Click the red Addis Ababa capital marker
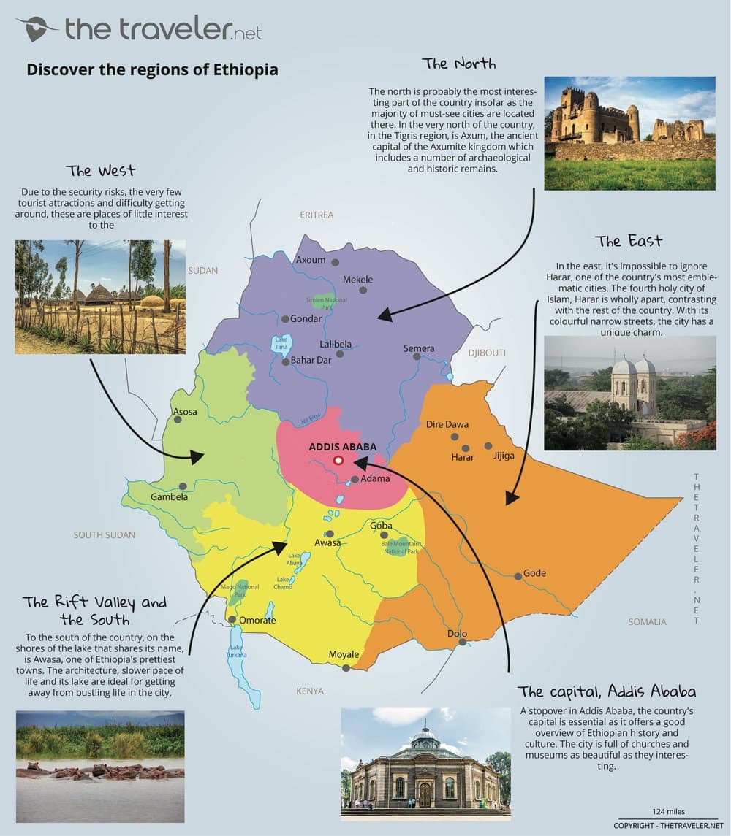pyautogui.click(x=338, y=461)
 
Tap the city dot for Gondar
pyautogui.click(x=285, y=319)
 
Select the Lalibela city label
pyautogui.click(x=336, y=344)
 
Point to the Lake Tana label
pyautogui.click(x=281, y=342)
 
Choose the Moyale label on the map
pyautogui.click(x=343, y=654)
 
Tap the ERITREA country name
pyautogui.click(x=317, y=215)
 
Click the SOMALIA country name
pyautogui.click(x=647, y=621)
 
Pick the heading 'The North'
pyautogui.click(x=458, y=64)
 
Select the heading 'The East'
pyautogui.click(x=629, y=241)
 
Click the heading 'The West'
pyautogui.click(x=100, y=171)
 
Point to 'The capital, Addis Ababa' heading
pyautogui.click(x=607, y=691)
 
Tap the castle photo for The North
pyautogui.click(x=629, y=133)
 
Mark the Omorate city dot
pyautogui.click(x=232, y=620)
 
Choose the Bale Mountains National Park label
pyautogui.click(x=401, y=548)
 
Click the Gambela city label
pyautogui.click(x=170, y=497)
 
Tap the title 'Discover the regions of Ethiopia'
pyautogui.click(x=152, y=70)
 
